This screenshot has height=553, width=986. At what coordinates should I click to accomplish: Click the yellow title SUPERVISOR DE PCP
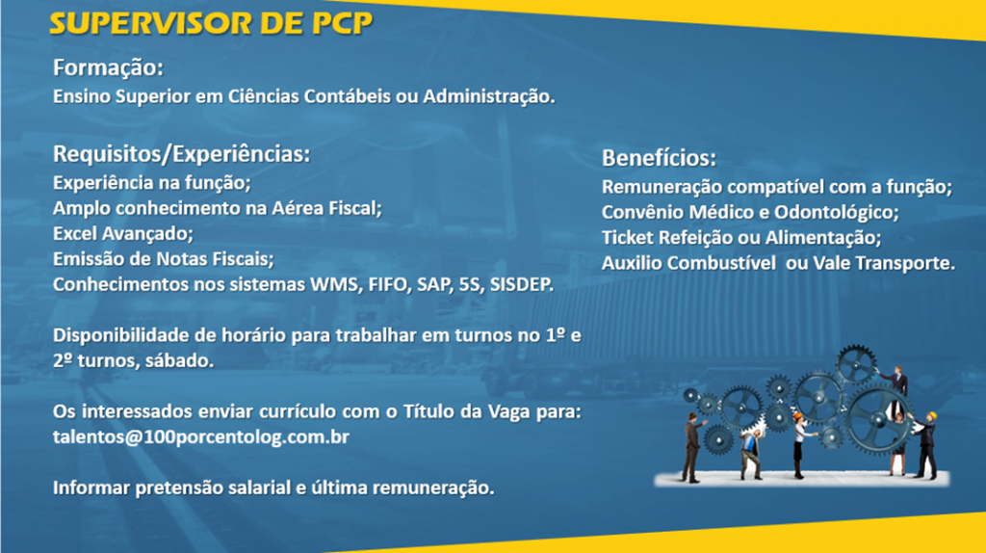click(x=211, y=24)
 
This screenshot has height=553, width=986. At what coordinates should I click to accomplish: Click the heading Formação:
click(x=108, y=68)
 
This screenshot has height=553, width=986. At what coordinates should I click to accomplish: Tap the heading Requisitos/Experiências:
click(x=181, y=154)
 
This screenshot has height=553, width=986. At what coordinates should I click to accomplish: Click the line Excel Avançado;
click(x=122, y=234)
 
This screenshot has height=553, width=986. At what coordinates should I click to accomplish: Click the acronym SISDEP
click(x=521, y=284)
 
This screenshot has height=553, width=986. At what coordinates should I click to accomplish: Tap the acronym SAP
click(x=434, y=284)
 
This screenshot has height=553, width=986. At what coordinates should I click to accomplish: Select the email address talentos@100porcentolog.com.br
click(x=200, y=436)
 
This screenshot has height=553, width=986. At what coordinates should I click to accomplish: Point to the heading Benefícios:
click(x=659, y=158)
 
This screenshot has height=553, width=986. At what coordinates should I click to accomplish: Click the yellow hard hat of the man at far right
click(x=931, y=416)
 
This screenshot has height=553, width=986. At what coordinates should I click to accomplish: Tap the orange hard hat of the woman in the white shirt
click(x=797, y=416)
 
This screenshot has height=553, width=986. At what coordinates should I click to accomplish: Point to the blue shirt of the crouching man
click(x=749, y=443)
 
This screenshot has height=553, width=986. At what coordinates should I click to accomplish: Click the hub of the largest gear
click(x=878, y=420)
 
